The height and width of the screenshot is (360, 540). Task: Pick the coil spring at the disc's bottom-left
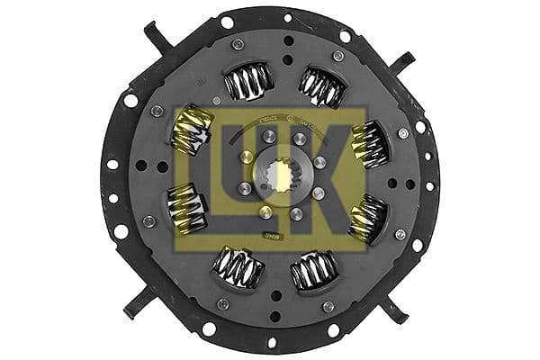pos(238,267)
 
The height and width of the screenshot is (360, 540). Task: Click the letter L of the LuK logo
pos(202,171)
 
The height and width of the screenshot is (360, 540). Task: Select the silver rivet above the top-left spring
pos(238,45)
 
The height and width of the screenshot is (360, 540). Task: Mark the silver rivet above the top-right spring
pos(337,56)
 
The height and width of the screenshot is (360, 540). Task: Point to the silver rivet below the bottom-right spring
pos(329,306)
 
